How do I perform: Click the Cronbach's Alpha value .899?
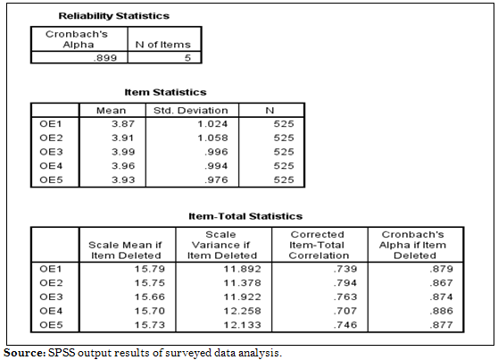click(x=105, y=58)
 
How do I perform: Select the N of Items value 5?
click(x=187, y=58)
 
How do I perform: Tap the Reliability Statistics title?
click(x=114, y=16)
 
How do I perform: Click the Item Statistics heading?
click(x=165, y=92)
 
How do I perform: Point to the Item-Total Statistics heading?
click(x=245, y=216)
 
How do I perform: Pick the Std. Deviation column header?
click(x=191, y=111)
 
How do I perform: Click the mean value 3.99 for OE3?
click(x=123, y=152)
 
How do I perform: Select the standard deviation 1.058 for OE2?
click(x=212, y=138)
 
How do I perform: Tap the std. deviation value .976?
click(x=216, y=180)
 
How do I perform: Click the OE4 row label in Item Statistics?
click(x=51, y=165)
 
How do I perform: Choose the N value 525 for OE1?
click(x=284, y=123)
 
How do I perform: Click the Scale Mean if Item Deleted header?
click(x=126, y=250)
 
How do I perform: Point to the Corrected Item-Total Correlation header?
click(x=319, y=245)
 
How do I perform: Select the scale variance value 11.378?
click(x=243, y=282)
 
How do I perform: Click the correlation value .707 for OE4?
click(x=345, y=311)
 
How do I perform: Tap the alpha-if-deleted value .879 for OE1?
click(x=442, y=269)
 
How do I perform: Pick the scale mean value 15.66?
click(x=150, y=297)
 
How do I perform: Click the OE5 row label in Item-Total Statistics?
click(x=51, y=324)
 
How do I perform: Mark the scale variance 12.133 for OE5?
click(x=243, y=324)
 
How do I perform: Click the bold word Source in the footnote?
click(x=25, y=353)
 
